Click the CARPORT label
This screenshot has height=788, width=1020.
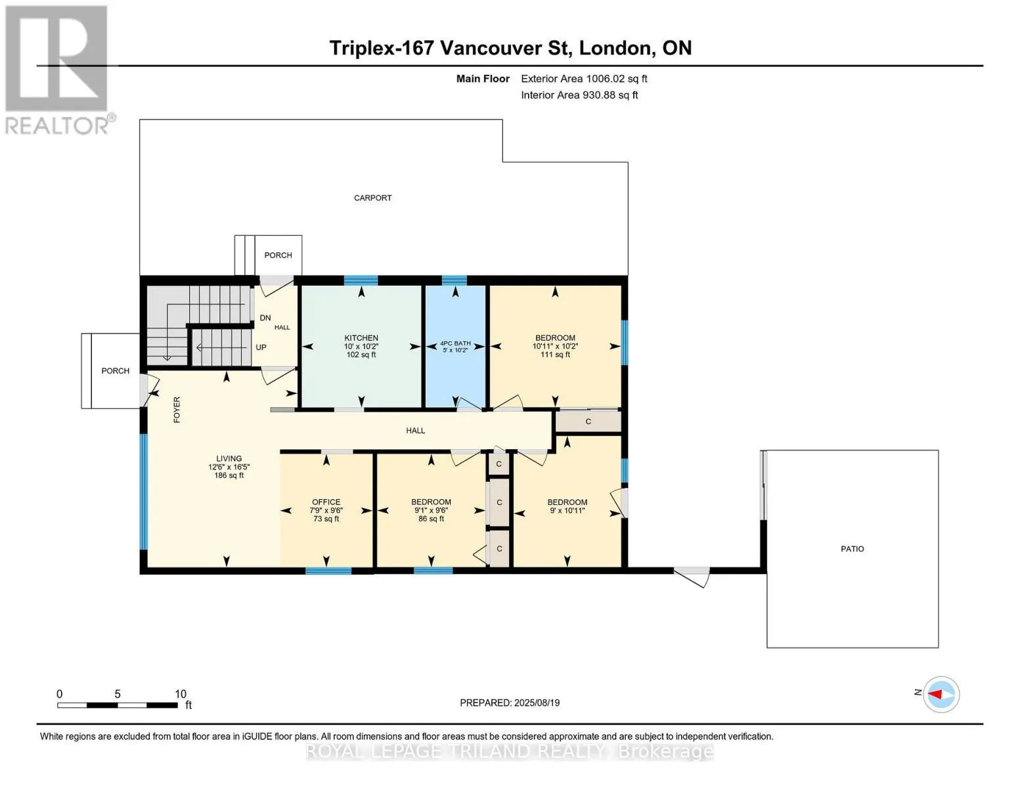(372, 198)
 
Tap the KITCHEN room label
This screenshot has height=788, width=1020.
(361, 338)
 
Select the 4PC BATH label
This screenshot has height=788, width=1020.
(455, 343)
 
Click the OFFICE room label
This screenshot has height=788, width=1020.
(326, 502)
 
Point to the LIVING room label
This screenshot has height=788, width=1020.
(229, 458)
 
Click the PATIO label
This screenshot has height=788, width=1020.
(852, 548)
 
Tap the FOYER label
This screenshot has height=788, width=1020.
(177, 410)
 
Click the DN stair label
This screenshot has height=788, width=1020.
(265, 318)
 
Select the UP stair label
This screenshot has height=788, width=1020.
(261, 347)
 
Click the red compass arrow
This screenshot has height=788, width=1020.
(935, 694)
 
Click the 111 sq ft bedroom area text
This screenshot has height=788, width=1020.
(555, 355)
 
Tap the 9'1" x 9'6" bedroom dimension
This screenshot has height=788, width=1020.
(431, 511)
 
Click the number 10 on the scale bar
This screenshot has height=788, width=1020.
(181, 694)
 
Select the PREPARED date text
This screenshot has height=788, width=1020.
(510, 703)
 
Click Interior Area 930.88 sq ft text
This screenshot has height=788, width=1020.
(579, 95)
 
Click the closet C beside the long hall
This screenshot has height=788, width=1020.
(588, 422)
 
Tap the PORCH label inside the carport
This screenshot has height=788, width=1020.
(278, 255)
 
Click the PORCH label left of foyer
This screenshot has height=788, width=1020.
(116, 371)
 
